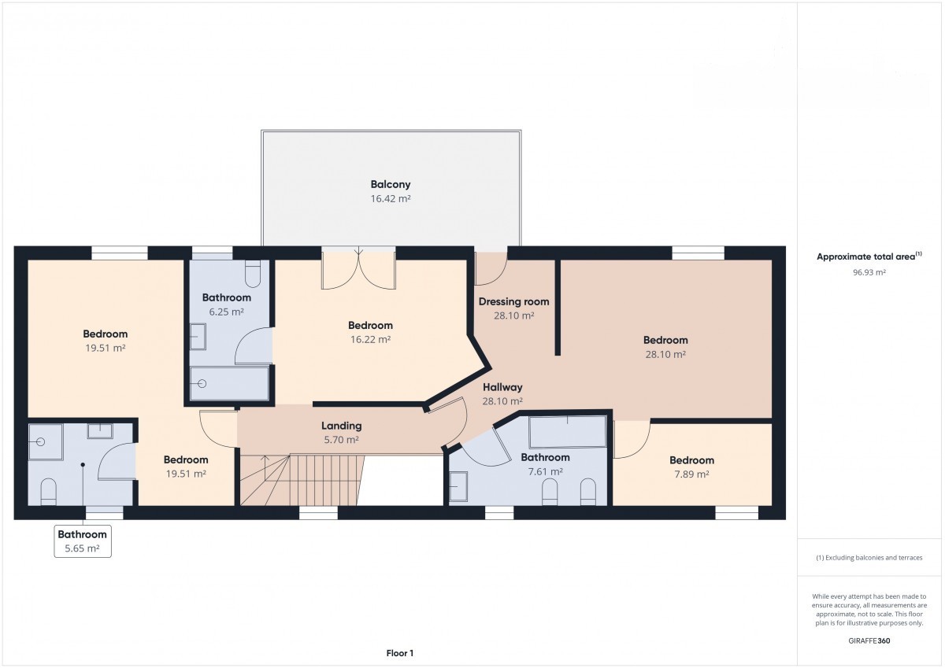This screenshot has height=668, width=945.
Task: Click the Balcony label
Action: pos(391,185)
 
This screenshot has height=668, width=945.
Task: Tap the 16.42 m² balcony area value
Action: pos(391,198)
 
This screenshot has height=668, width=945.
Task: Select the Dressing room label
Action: pos(513,302)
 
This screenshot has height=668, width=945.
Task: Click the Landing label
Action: pos(341,426)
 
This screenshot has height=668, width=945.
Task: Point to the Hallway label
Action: pos(502,387)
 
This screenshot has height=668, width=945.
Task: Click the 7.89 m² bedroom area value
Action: pos(691,474)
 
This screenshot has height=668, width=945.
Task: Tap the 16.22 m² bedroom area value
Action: pos(370,339)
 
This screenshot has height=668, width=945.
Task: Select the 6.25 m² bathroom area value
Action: pos(227,312)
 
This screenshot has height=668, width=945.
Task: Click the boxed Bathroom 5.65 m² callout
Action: pos(83,541)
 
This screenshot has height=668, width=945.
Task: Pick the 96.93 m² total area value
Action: pos(869,272)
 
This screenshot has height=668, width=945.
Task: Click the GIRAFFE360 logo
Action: pos(869,640)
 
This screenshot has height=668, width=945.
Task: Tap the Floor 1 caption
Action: pos(399,653)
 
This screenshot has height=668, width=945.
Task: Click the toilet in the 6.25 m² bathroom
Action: pos(253,274)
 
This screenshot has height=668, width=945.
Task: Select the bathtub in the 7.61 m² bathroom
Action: pos(568,432)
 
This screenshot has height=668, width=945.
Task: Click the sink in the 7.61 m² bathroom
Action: pos(458,486)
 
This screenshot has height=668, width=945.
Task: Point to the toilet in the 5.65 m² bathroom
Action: pos(49,492)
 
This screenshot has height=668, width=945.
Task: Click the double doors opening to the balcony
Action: pos(358,270)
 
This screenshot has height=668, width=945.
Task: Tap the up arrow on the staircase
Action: pos(266,459)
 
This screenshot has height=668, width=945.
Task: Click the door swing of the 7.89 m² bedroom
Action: pos(632,440)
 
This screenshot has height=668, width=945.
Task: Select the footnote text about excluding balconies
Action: pos(869,558)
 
